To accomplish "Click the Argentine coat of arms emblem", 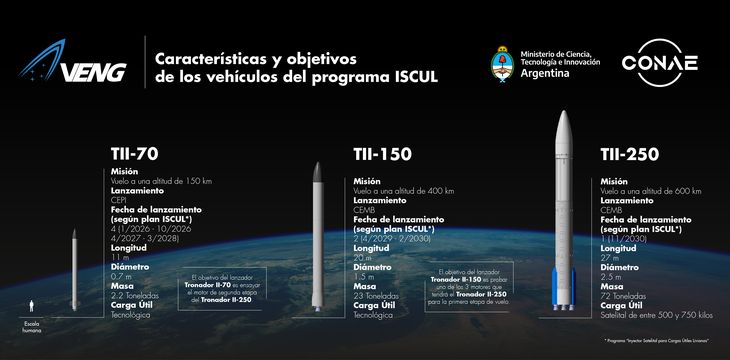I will click(x=503, y=64).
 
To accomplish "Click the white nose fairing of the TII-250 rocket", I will click(x=563, y=130).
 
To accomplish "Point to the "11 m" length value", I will click(x=117, y=257).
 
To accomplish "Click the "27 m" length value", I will click(x=609, y=257).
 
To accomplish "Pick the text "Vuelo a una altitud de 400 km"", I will click(x=404, y=190).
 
